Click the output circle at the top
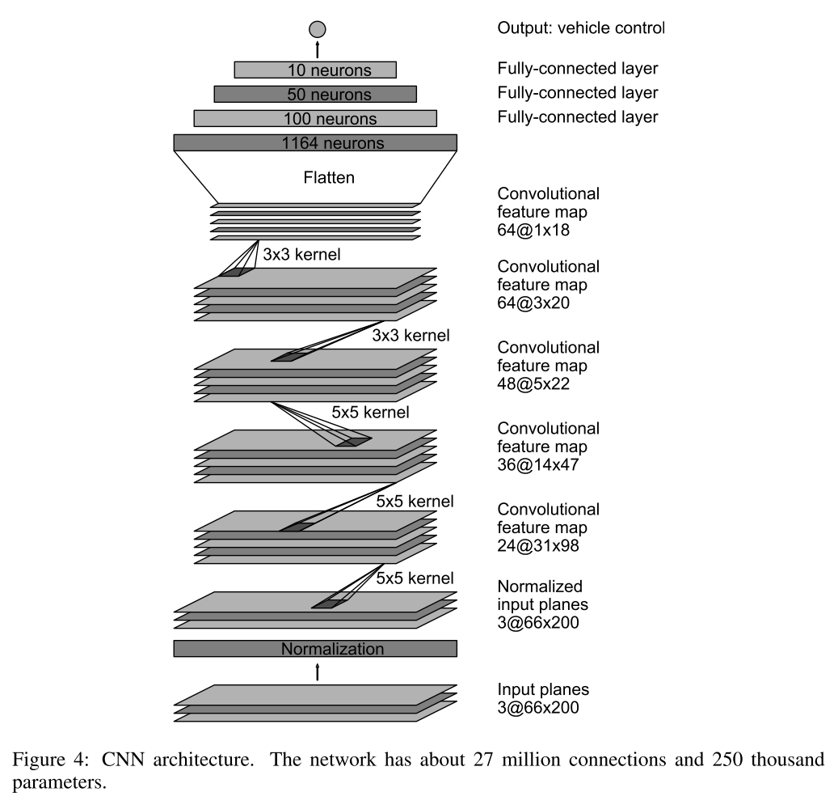(x=317, y=29)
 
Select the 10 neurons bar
(x=315, y=70)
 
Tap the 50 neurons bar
(x=315, y=94)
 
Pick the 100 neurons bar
(x=315, y=119)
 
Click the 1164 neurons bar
(x=315, y=143)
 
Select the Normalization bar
(x=315, y=649)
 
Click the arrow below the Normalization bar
(x=318, y=670)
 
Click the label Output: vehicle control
(x=580, y=29)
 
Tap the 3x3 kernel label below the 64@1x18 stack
(x=301, y=254)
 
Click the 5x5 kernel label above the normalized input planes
(x=415, y=578)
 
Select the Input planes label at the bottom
(x=544, y=691)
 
